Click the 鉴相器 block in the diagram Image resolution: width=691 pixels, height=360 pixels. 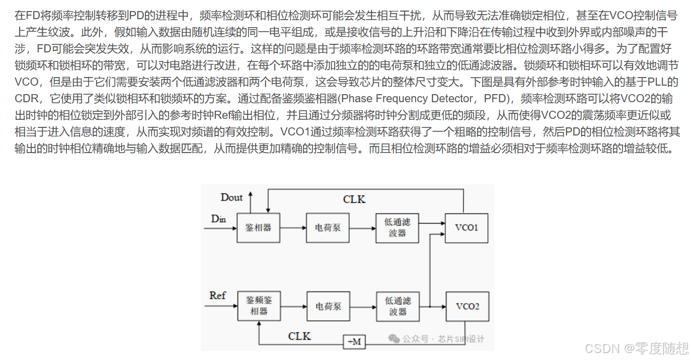tap(258, 228)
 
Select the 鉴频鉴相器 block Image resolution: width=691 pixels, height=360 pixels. tap(259, 306)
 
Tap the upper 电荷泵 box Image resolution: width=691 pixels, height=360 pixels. tap(328, 228)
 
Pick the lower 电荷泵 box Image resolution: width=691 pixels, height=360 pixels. tap(328, 306)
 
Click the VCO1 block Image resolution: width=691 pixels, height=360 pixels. tap(467, 228)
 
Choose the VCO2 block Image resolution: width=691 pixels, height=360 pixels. tap(467, 306)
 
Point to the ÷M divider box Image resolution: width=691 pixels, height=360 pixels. tap(354, 342)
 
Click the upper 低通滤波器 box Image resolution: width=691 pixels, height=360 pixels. tap(397, 228)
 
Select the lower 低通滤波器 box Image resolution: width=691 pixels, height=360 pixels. tap(398, 306)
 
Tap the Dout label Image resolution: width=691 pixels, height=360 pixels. tap(232, 197)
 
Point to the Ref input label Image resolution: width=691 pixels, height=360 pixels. tap(217, 296)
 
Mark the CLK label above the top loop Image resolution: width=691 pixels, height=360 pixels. tap(354, 199)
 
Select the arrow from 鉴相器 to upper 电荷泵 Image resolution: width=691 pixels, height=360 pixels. tap(293, 228)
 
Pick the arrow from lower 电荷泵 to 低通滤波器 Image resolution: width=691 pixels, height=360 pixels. tap(363, 306)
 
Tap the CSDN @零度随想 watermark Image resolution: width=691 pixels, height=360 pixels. tap(637, 348)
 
